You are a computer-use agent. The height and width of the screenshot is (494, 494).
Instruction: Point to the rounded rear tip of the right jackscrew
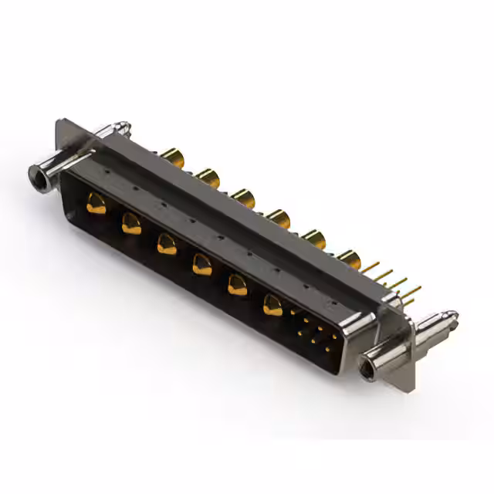click(x=452, y=316)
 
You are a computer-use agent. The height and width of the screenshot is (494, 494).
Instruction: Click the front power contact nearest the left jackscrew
click(x=96, y=205)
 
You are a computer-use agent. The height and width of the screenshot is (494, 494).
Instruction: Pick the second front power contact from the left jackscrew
click(x=131, y=224)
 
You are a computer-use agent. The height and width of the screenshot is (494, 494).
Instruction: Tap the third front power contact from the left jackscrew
click(x=166, y=245)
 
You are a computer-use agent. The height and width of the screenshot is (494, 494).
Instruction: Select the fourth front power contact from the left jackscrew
click(x=201, y=265)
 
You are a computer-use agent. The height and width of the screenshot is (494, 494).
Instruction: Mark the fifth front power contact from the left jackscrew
click(x=237, y=286)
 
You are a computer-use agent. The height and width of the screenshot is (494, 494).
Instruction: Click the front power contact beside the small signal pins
click(x=273, y=306)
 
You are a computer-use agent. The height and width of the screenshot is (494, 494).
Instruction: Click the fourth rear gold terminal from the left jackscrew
click(x=279, y=219)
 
